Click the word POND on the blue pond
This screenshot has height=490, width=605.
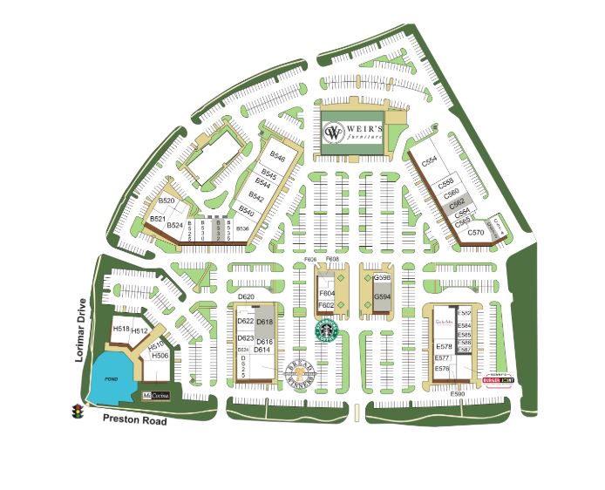point(111,379)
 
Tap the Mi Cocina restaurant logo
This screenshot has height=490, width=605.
point(157,396)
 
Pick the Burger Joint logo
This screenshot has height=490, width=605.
point(498,378)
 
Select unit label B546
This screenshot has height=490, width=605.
point(277,157)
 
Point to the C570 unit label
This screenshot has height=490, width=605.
point(475,233)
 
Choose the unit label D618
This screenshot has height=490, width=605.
point(265,323)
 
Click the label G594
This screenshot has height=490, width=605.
point(382,297)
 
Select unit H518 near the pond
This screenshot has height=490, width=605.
point(121,329)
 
